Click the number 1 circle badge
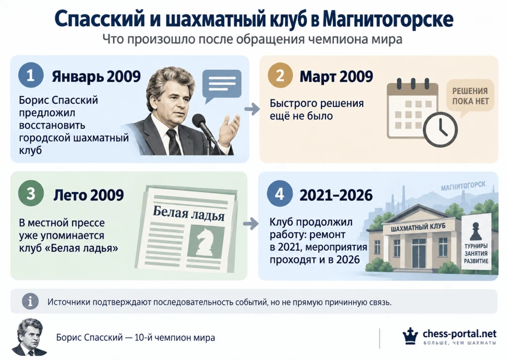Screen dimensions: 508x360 point(31,75)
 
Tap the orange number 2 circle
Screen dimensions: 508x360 point(280,75)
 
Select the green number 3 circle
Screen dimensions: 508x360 point(31,194)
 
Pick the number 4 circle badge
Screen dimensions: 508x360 point(280,194)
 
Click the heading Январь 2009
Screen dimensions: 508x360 point(96,76)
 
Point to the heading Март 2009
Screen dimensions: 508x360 point(336,76)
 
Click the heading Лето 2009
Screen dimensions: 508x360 point(88,195)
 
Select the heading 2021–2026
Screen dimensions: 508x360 point(336,195)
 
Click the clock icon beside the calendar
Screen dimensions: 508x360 point(441,129)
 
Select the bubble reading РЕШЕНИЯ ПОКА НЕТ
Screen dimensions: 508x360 point(470,97)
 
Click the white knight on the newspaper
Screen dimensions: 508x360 point(206,242)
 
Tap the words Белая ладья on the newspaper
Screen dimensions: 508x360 point(189,214)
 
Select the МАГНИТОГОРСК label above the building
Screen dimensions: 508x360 point(463,186)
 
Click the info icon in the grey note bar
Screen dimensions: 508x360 point(30,301)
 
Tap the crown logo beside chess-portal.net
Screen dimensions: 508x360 point(410,336)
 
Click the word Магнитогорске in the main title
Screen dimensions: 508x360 point(388,19)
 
